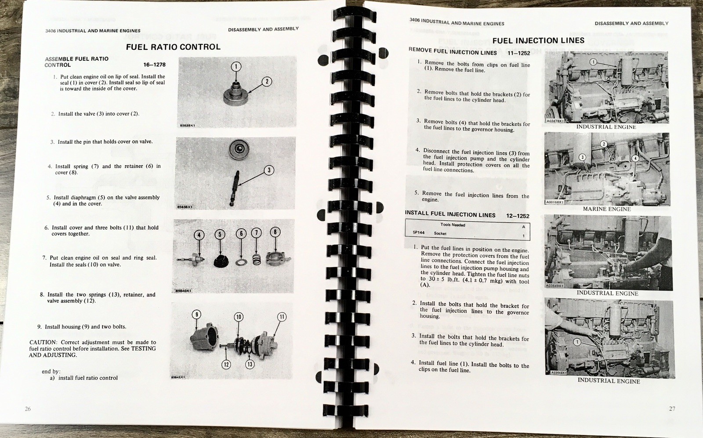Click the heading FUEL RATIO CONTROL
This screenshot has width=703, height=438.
point(173,47)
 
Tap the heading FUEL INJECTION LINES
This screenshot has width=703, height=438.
point(538,40)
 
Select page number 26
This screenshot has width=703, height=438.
point(28,409)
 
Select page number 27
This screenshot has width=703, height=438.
point(672,409)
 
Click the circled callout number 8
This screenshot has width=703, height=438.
point(275,232)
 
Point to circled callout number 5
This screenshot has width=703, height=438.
point(220,234)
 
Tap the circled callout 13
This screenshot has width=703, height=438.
point(250,364)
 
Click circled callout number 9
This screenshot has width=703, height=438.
point(196,314)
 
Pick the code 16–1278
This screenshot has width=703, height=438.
point(154,65)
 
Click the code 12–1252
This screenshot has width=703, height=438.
point(518,216)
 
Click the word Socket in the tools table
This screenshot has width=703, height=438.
point(440,234)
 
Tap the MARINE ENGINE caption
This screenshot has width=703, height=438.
point(607,209)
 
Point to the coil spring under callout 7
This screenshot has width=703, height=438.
point(257,259)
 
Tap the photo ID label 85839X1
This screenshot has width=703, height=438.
point(188,126)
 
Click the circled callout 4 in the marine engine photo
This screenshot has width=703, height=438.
point(635,159)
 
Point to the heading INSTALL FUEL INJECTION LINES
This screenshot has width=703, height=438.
point(450,214)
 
